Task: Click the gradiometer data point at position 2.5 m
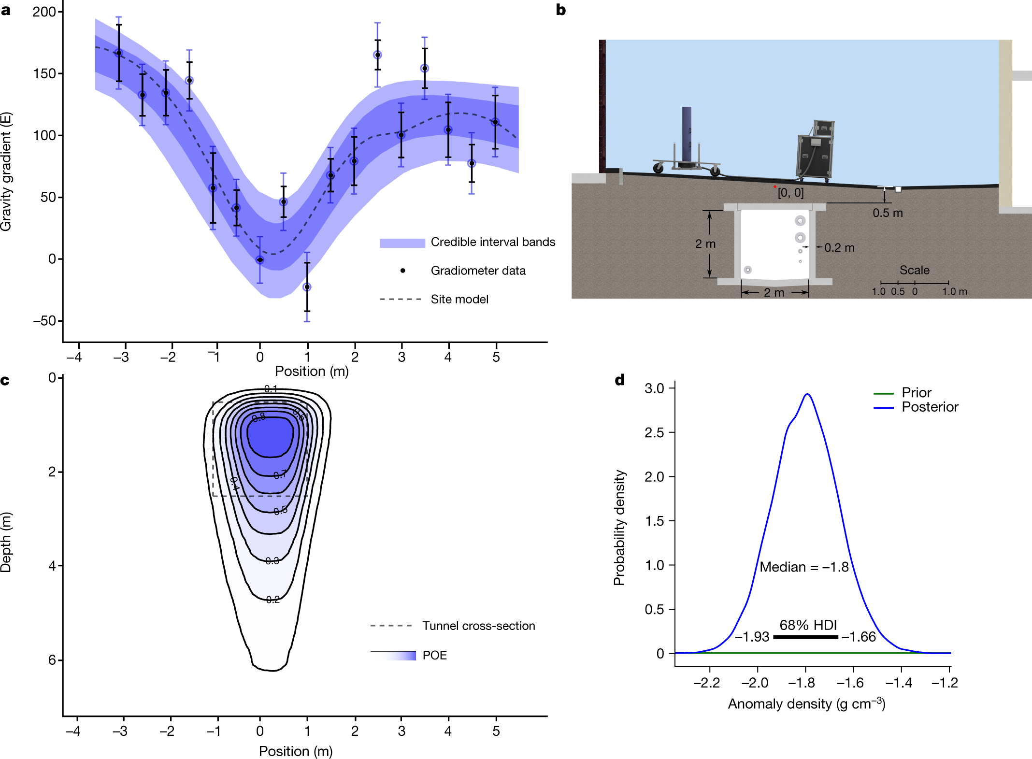[377, 55]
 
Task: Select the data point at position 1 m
[307, 287]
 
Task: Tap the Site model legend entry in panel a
[459, 300]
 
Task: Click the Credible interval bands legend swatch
[402, 243]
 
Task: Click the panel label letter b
[560, 10]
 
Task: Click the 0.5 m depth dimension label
[888, 213]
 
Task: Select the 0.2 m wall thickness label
[839, 248]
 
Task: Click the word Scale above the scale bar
[914, 270]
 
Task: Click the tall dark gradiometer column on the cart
[687, 135]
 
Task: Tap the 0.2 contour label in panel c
[272, 600]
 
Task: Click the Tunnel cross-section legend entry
[478, 626]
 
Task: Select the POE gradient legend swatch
[393, 656]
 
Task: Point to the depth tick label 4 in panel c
[52, 566]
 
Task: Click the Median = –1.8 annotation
[804, 567]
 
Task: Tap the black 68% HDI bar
[805, 637]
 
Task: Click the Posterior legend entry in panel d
[929, 407]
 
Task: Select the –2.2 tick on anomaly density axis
[706, 683]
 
